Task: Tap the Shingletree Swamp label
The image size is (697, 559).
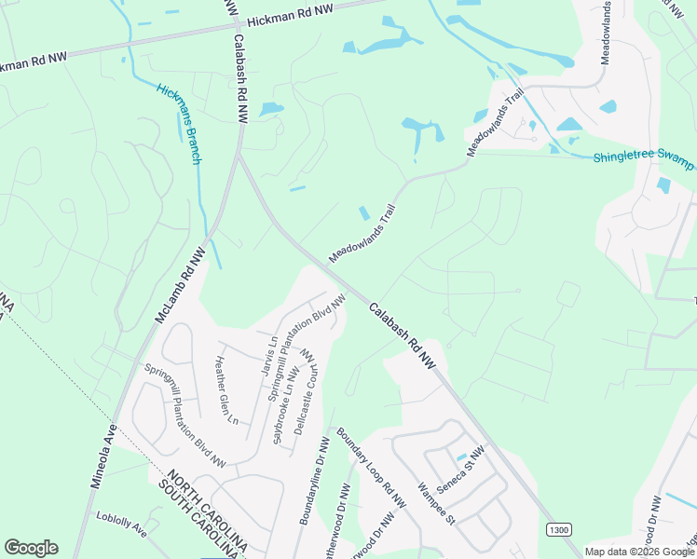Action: tap(643, 157)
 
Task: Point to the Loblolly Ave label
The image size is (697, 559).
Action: tap(121, 524)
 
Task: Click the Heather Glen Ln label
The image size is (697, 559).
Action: tap(226, 390)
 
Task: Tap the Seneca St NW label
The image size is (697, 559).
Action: tap(463, 468)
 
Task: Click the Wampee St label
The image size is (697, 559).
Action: tap(435, 501)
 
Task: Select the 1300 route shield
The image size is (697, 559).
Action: tap(558, 529)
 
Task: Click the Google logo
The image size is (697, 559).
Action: tap(31, 548)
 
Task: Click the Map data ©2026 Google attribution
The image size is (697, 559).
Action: tap(639, 552)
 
